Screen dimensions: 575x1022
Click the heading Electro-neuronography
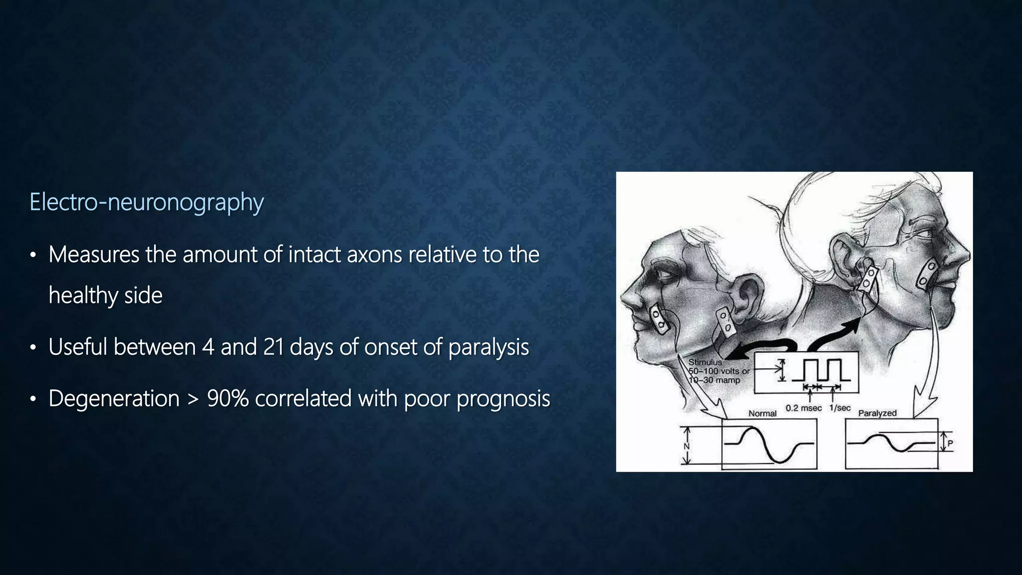click(x=146, y=202)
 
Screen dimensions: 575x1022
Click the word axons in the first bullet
click(x=374, y=255)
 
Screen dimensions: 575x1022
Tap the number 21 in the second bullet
click(x=273, y=347)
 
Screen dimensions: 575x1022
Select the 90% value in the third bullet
click(x=228, y=398)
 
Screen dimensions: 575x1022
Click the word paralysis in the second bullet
click(x=488, y=347)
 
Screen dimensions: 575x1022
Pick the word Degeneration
click(x=114, y=398)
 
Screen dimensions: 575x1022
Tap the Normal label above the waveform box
click(x=762, y=413)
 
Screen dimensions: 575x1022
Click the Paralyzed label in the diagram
click(x=877, y=413)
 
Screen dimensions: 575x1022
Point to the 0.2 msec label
click(x=803, y=408)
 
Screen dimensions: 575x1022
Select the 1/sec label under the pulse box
click(x=840, y=408)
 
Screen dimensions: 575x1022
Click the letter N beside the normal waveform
click(x=687, y=446)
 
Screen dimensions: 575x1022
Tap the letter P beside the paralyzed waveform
click(x=950, y=443)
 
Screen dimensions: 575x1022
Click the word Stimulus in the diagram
click(x=705, y=362)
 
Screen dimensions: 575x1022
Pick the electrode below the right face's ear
click(x=868, y=279)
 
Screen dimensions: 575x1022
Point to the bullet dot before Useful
click(x=33, y=347)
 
